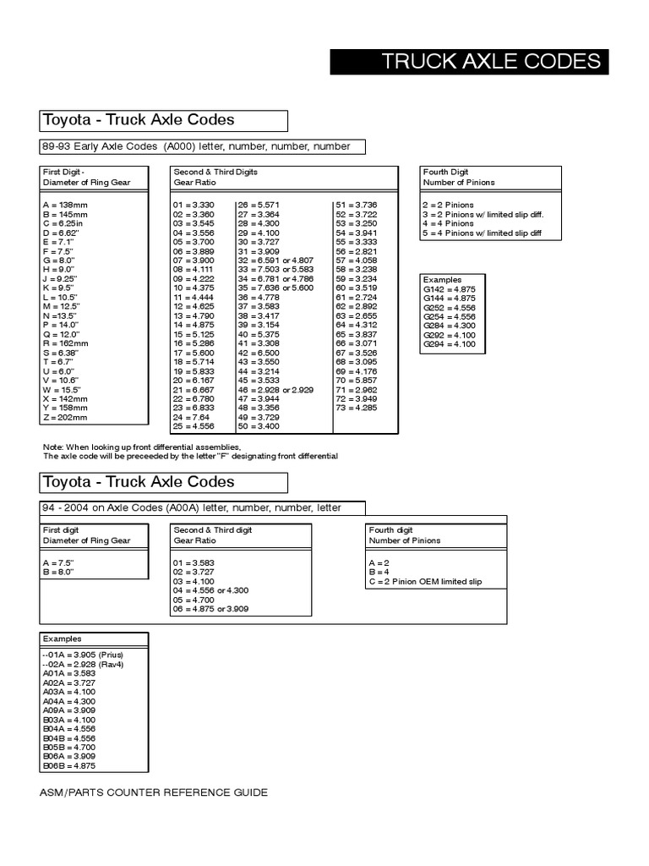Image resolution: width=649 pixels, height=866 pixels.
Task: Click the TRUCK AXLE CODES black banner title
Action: (x=491, y=62)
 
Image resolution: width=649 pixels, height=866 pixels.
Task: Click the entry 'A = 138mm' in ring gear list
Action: (x=65, y=206)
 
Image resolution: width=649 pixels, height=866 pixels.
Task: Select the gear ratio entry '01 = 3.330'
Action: (x=194, y=206)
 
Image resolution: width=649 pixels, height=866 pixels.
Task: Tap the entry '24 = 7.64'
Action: (x=192, y=417)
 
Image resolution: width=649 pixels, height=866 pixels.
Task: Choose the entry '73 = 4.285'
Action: (x=356, y=408)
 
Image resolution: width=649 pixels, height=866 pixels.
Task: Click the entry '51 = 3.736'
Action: (x=356, y=206)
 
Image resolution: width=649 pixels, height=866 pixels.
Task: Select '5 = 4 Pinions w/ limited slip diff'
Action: (x=482, y=233)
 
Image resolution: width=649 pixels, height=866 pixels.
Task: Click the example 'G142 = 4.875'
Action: (x=450, y=288)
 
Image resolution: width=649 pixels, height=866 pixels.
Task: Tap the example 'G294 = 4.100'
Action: (x=450, y=344)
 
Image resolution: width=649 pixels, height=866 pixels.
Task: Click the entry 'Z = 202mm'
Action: (x=66, y=417)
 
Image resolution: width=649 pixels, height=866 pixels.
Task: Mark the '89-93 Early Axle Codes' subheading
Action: (x=196, y=146)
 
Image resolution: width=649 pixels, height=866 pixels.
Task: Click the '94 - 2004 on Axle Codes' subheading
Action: (x=192, y=508)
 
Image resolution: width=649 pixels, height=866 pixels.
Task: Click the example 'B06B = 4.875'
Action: (x=69, y=766)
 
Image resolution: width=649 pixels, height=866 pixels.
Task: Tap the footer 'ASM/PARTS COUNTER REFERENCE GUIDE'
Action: (x=154, y=793)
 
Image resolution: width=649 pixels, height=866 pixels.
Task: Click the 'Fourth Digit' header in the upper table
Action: (x=446, y=172)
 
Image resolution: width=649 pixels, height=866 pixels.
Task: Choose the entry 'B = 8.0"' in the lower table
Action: (x=58, y=573)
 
